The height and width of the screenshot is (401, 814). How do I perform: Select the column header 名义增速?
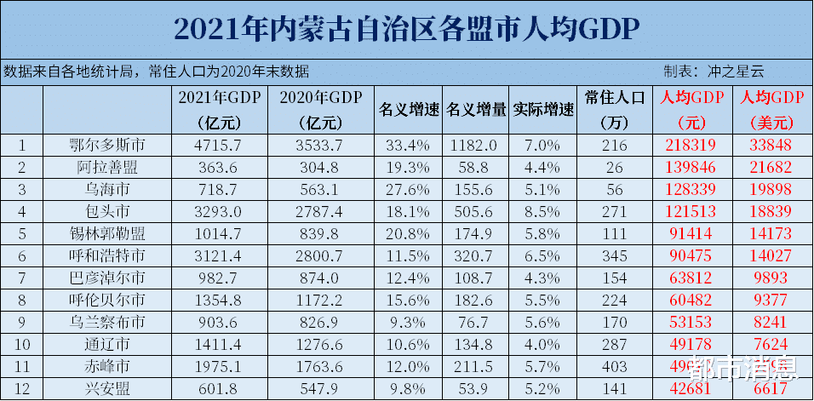[408, 110]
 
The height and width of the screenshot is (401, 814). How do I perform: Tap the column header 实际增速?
[543, 110]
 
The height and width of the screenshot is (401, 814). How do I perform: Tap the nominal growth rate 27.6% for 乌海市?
[408, 188]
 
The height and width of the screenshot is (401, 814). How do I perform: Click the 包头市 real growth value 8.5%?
[543, 209]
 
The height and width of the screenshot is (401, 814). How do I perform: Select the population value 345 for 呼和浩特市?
[613, 255]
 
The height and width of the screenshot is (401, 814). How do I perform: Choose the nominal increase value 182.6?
[477, 299]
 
